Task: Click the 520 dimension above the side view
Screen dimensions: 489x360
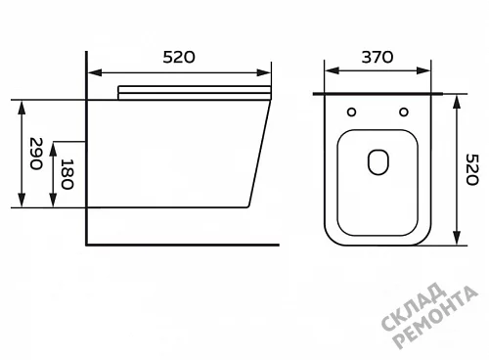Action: (x=179, y=57)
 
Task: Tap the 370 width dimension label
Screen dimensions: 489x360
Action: (x=378, y=57)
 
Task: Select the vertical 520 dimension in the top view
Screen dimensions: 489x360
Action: (x=471, y=169)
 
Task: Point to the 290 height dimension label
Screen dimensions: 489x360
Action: (x=36, y=154)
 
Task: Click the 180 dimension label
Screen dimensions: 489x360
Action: (x=67, y=174)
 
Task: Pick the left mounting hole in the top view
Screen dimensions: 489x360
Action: (x=351, y=112)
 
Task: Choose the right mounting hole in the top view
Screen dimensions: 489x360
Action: (x=404, y=112)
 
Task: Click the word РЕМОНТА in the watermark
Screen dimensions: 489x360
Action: (x=435, y=318)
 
